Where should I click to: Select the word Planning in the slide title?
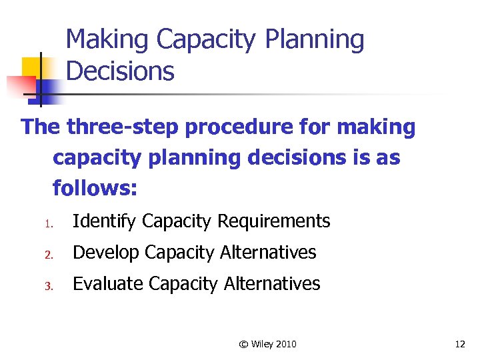click(315, 40)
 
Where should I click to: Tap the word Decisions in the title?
click(121, 71)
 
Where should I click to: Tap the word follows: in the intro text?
click(95, 189)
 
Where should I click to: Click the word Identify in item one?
click(105, 221)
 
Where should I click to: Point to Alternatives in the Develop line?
click(269, 253)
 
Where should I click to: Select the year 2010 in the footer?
click(285, 344)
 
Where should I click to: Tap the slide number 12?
click(459, 344)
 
